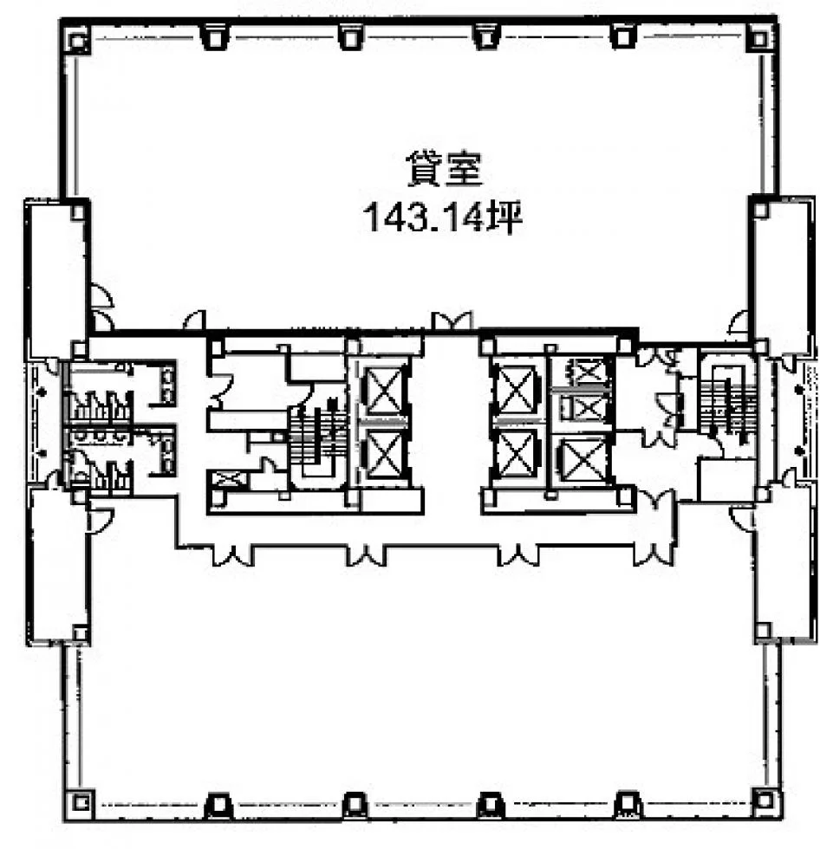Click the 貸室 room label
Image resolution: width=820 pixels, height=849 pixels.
[x=443, y=168]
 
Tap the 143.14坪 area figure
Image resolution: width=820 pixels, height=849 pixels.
[x=443, y=217]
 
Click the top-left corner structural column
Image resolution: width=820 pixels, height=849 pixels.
[x=77, y=40]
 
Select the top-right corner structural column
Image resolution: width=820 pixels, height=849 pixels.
[x=759, y=39]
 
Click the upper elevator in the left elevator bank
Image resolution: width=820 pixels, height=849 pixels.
[x=383, y=391]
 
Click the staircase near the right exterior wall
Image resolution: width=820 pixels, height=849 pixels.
[x=729, y=399]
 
